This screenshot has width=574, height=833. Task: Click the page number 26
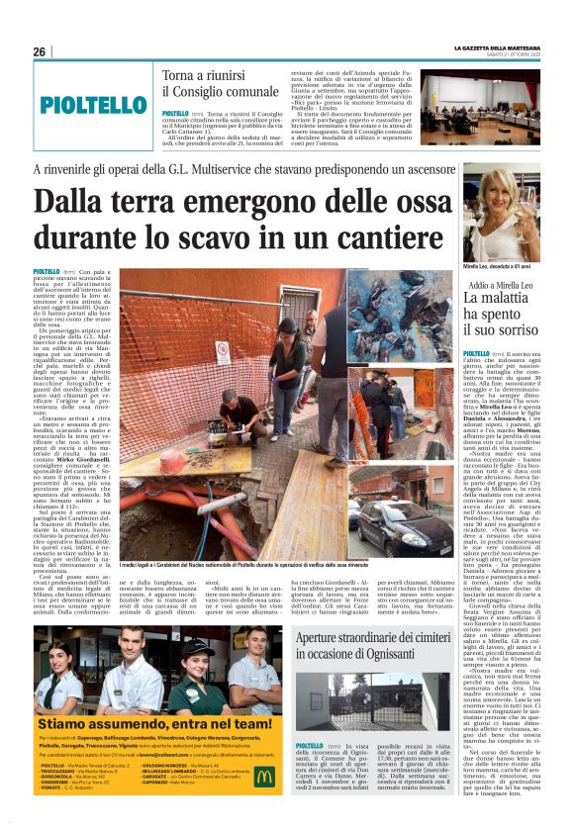click(x=39, y=51)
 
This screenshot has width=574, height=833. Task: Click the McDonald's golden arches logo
click(x=264, y=776)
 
